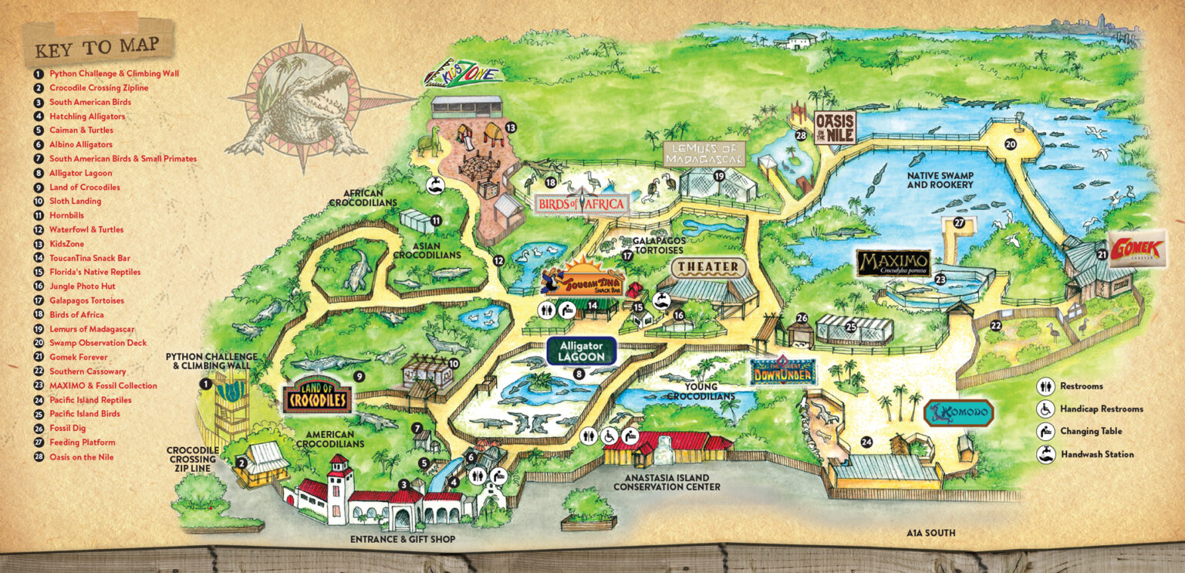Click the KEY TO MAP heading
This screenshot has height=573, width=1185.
coord(97,47)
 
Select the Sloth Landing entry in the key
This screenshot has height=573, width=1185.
coord(75,202)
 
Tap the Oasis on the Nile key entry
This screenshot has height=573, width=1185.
coord(81,457)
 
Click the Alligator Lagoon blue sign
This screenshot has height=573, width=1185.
coord(582,351)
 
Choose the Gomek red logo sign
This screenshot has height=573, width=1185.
coord(1137,249)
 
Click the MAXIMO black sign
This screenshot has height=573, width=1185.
coord(893,263)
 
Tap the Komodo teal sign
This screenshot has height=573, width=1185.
coord(958,412)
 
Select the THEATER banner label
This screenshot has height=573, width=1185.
coord(709,268)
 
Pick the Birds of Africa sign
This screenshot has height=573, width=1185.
coord(582,204)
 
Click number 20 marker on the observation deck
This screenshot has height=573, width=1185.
coord(1010,144)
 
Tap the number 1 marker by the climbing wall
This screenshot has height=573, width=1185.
coord(206,384)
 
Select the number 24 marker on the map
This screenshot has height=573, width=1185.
coord(867,442)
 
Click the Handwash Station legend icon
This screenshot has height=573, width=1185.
coord(1045,454)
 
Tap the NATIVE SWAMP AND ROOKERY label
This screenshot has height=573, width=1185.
coord(940,181)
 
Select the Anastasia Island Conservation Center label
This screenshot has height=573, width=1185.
coord(666,482)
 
